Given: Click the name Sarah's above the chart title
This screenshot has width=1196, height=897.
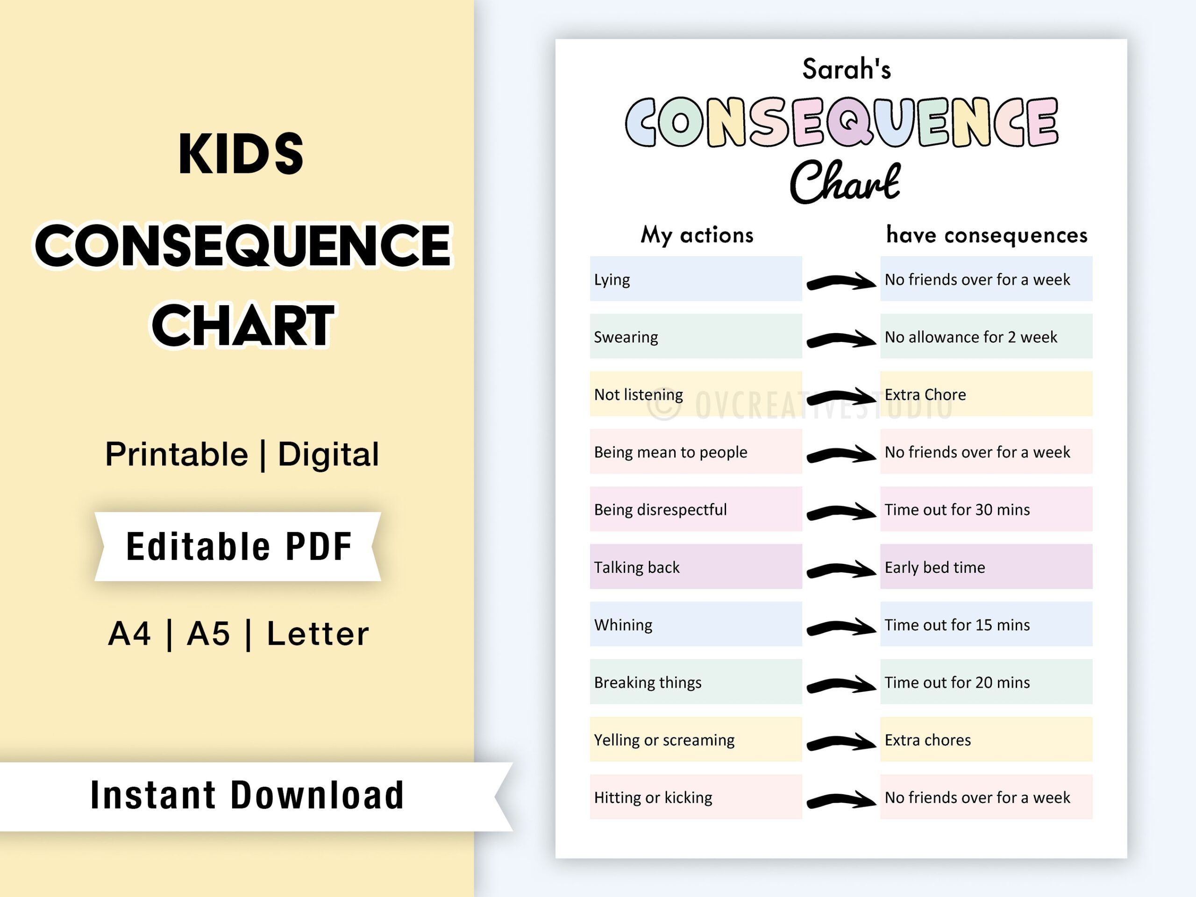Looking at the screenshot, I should (846, 69).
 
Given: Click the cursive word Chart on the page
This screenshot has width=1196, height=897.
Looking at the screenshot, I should (845, 182).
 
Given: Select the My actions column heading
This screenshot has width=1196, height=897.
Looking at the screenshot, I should (697, 235).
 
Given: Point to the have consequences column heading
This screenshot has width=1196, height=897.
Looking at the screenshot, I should (986, 235).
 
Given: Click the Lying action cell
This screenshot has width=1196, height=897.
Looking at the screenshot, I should (695, 279).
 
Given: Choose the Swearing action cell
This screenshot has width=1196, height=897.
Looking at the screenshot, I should (695, 336).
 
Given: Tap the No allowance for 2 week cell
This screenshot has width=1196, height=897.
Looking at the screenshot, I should (986, 336).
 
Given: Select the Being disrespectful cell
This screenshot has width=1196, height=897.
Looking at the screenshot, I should (695, 509).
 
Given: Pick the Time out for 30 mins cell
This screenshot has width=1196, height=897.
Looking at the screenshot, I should (986, 509).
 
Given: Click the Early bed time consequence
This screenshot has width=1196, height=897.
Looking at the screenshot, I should (986, 567).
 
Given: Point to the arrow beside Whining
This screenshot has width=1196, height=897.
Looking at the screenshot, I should (841, 627).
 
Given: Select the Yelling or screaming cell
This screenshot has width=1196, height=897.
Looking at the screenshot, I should (695, 739).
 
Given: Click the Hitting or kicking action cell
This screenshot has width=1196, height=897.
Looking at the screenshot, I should (695, 797).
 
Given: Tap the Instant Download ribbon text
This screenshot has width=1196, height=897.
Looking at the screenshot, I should (247, 795).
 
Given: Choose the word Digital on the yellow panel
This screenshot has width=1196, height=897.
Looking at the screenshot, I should (328, 454).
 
